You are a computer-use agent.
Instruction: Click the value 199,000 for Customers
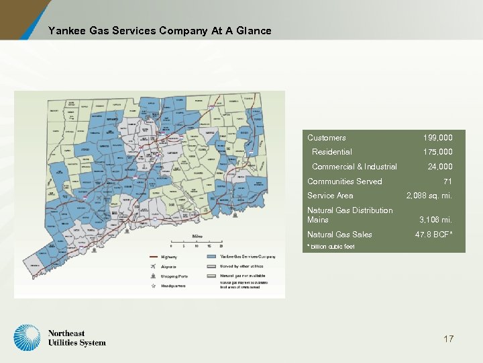coord(437,138)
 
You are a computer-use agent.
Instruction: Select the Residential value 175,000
coord(437,152)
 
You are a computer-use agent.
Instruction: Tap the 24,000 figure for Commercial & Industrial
coord(440,167)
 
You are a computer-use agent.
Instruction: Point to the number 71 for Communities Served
coord(447,182)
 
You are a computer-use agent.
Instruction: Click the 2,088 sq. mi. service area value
coord(429,196)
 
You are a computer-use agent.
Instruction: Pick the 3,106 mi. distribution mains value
coord(435,219)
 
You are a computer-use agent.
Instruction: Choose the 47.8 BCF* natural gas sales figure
coord(433,235)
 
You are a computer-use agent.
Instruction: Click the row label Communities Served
coord(344,182)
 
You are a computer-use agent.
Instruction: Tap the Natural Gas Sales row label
coord(339,235)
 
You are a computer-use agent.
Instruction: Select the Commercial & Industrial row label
coord(354,167)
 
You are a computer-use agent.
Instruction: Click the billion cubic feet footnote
coord(331,247)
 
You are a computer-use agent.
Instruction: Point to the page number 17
coord(448,339)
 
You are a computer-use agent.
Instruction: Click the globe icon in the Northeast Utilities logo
coord(28,338)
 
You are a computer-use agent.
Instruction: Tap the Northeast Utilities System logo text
coord(76,338)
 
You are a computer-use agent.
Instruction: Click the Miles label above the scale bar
coord(197,237)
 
